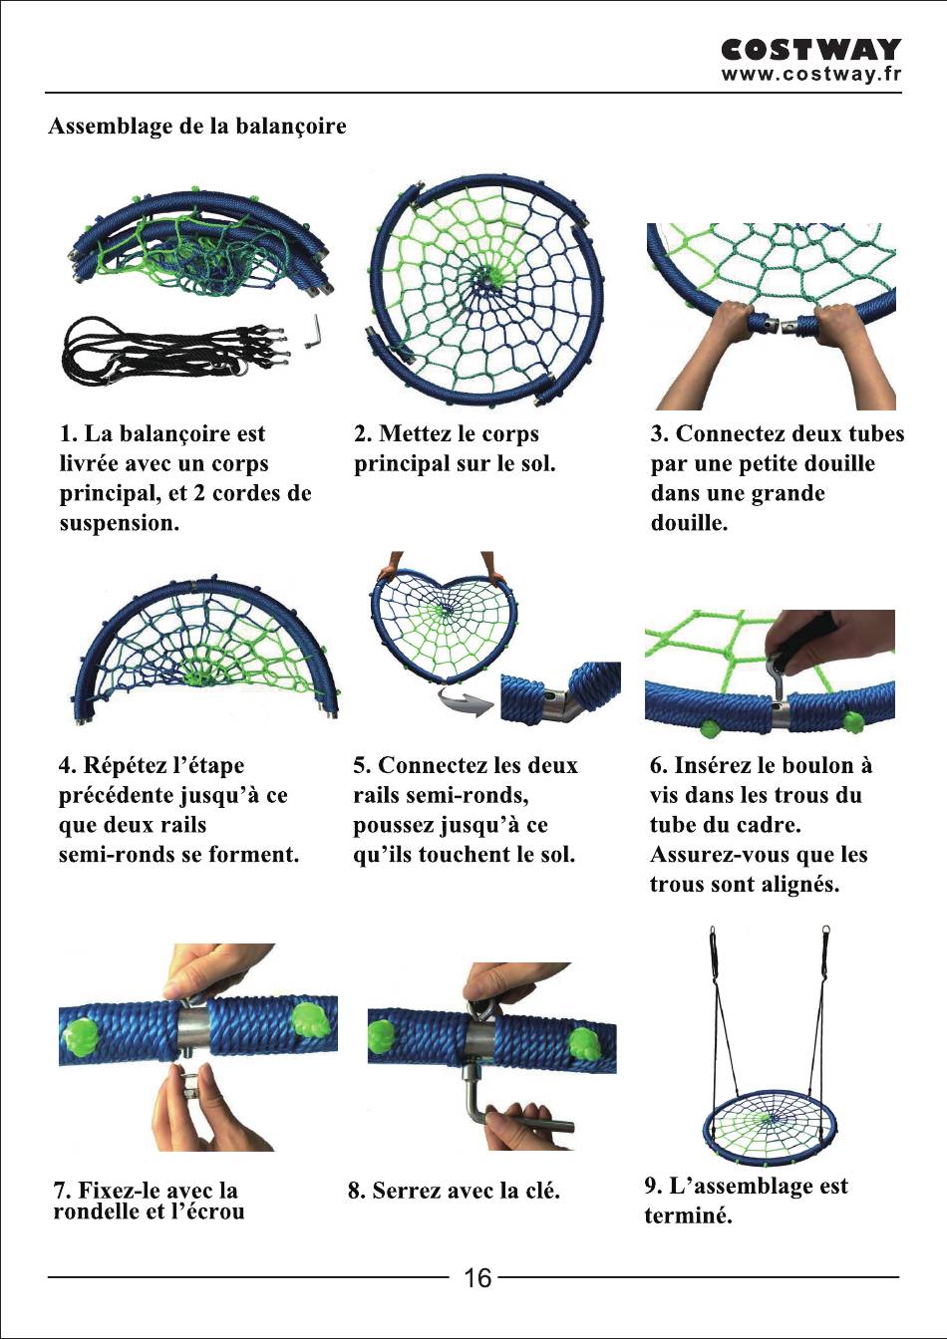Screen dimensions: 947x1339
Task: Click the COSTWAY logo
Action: point(810,50)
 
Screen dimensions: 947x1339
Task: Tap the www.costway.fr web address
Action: point(811,74)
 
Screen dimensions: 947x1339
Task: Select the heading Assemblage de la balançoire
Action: point(197,127)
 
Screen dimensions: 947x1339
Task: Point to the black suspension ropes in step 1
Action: point(173,349)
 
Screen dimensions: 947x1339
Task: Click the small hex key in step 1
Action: point(312,333)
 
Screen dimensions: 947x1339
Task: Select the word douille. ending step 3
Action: point(689,523)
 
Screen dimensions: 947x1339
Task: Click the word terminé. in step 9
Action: point(688,1215)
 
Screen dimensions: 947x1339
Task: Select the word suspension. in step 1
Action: point(119,523)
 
